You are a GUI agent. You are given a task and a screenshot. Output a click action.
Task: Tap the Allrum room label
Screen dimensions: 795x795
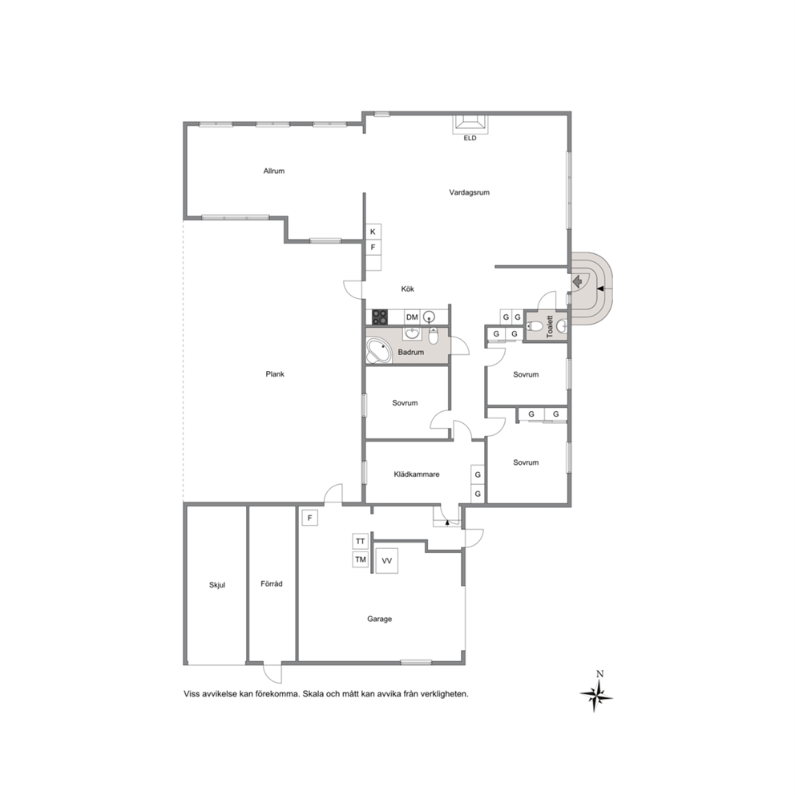(274, 171)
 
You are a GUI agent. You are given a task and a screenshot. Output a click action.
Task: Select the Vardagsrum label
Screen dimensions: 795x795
(469, 192)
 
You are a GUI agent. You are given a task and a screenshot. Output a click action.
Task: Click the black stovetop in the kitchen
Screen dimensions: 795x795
(380, 317)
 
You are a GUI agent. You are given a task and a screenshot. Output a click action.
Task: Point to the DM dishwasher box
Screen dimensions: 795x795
(412, 317)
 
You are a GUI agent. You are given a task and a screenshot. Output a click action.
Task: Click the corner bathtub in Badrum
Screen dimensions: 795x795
(378, 351)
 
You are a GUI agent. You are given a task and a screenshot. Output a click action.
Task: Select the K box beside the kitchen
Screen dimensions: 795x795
(373, 232)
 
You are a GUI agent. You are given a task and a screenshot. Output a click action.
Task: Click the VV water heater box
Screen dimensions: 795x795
(387, 561)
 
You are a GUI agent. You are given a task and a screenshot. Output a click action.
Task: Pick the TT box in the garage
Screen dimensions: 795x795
(361, 542)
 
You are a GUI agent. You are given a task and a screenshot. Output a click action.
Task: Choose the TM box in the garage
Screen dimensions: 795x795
(361, 559)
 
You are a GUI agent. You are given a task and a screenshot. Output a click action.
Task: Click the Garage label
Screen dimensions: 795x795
(379, 619)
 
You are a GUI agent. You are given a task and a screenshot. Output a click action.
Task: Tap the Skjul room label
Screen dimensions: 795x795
(217, 584)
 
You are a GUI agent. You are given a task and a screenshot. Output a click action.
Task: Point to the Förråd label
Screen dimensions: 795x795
(271, 583)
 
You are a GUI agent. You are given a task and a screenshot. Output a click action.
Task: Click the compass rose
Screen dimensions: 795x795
(597, 695)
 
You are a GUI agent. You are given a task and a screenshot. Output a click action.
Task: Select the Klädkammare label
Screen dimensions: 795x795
(417, 474)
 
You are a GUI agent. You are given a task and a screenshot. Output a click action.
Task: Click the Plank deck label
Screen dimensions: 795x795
(275, 373)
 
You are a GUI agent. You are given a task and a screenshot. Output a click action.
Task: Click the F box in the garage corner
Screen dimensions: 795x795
(310, 519)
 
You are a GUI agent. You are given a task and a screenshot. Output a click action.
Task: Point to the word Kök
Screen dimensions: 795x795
(408, 289)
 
